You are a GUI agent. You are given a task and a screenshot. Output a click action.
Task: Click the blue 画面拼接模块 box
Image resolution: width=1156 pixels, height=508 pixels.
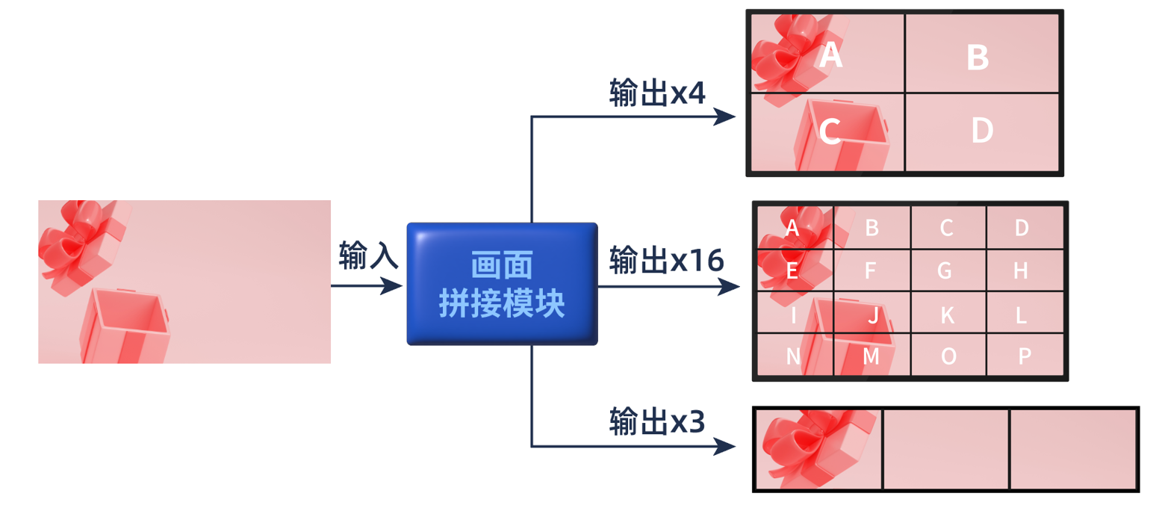point(502,284)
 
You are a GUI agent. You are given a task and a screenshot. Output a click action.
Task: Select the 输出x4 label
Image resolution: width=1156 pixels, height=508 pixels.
point(657,93)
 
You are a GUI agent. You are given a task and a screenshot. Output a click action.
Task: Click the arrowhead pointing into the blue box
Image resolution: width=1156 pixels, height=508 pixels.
point(393,285)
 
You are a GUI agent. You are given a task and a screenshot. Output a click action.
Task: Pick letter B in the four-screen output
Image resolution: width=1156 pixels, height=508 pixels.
point(978,58)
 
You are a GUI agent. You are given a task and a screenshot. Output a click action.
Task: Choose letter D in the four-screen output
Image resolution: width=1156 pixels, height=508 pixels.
point(982,131)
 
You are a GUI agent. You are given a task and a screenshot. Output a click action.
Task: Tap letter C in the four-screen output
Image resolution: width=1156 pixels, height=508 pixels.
point(830,131)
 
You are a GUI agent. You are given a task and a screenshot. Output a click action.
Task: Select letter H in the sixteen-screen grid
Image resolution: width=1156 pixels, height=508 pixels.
point(1021,271)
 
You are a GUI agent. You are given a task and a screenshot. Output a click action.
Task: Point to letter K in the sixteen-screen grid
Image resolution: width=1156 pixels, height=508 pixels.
point(947,316)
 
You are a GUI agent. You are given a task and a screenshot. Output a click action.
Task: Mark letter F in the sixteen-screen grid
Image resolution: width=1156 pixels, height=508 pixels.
point(870,271)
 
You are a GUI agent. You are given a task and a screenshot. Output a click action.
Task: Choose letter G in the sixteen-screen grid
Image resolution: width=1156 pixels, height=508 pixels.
point(945,271)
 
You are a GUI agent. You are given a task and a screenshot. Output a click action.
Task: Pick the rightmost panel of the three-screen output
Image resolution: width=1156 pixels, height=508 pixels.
point(1073,449)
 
